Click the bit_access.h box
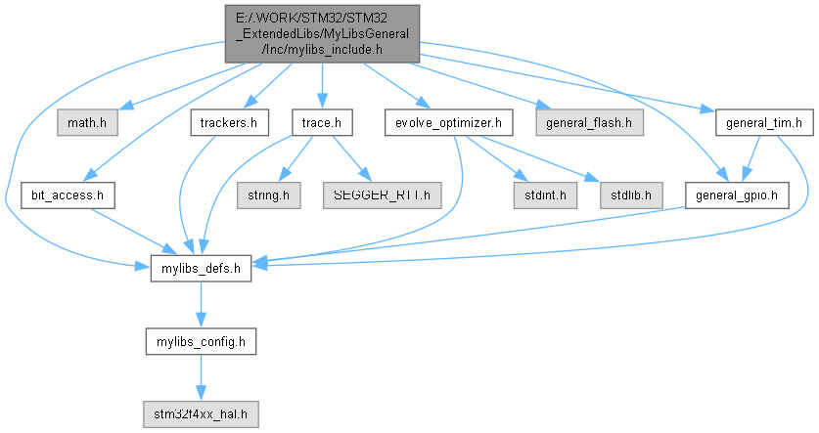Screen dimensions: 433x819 (x=68, y=195)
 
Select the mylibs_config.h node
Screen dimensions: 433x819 (x=201, y=341)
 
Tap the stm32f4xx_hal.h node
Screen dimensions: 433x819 (x=201, y=413)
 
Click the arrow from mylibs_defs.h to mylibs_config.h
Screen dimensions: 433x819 (x=201, y=305)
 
